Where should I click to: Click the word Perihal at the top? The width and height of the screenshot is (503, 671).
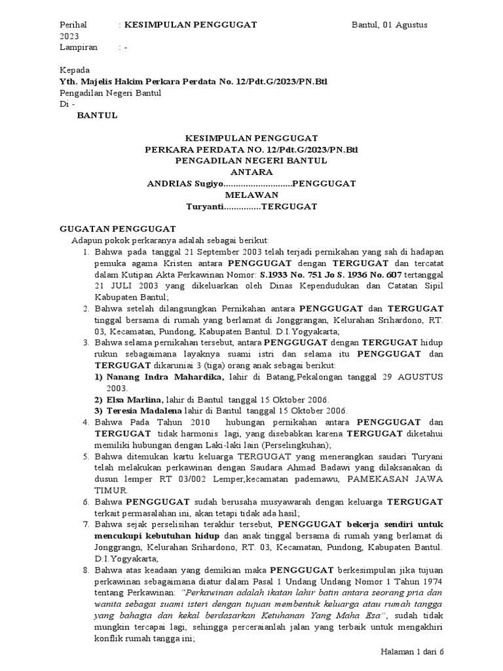(x=73, y=25)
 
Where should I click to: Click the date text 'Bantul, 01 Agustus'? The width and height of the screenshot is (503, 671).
(x=389, y=25)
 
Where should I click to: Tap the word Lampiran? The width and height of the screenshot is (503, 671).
(x=78, y=47)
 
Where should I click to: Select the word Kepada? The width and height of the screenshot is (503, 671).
(x=75, y=70)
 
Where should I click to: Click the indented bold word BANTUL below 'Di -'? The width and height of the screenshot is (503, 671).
(x=98, y=115)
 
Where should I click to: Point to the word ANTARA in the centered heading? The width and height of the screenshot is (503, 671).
(x=251, y=172)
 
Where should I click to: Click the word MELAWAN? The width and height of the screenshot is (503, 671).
(x=251, y=195)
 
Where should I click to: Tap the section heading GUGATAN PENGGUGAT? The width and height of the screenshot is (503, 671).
(x=117, y=229)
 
